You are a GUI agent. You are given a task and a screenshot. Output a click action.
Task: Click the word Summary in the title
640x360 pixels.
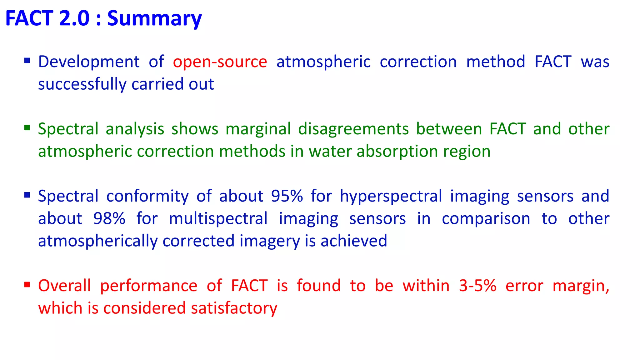[x=154, y=19]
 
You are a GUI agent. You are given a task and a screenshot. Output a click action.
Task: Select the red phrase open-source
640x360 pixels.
[x=220, y=62]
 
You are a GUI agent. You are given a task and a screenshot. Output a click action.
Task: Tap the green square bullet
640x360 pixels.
[x=27, y=128]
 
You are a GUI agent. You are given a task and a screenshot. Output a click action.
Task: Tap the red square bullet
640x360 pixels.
[x=27, y=285]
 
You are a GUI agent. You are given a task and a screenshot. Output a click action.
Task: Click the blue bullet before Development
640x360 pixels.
[x=27, y=60]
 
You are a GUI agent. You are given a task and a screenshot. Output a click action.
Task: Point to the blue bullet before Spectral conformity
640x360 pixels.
[x=27, y=195]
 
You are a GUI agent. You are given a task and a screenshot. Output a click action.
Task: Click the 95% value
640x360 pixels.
[x=287, y=196]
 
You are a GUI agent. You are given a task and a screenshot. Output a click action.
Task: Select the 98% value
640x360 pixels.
[x=109, y=218]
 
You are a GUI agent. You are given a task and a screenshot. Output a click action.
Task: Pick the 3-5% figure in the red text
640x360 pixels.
[x=477, y=286]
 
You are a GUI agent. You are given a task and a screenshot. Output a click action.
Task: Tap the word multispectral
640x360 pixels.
[x=218, y=218]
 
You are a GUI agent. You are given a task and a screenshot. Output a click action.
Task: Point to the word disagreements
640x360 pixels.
[x=353, y=129]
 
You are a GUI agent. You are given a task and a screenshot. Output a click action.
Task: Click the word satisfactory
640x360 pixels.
[x=234, y=308]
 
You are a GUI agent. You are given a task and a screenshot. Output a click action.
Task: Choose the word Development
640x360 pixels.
[x=89, y=62]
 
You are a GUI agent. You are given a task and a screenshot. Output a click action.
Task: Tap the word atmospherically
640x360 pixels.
[x=98, y=241]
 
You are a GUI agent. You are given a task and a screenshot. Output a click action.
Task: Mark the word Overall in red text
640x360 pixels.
[x=64, y=286]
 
